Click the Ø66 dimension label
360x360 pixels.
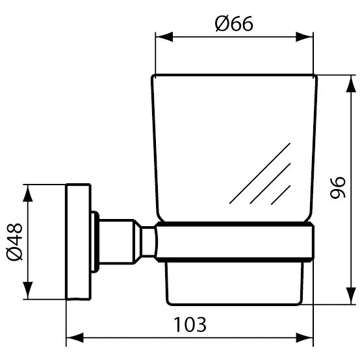[x=234, y=23]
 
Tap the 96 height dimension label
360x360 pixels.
[x=337, y=187]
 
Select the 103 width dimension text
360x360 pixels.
[x=190, y=324]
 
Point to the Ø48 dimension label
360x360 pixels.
[x=14, y=242]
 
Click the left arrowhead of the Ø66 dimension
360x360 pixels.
[x=164, y=37]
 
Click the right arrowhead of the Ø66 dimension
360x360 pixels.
[x=304, y=37]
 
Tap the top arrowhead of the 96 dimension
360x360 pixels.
[x=351, y=84]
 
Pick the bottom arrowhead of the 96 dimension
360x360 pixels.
[x=351, y=296]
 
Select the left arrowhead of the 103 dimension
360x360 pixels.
[x=75, y=338]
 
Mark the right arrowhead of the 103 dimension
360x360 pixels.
[x=304, y=338]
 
